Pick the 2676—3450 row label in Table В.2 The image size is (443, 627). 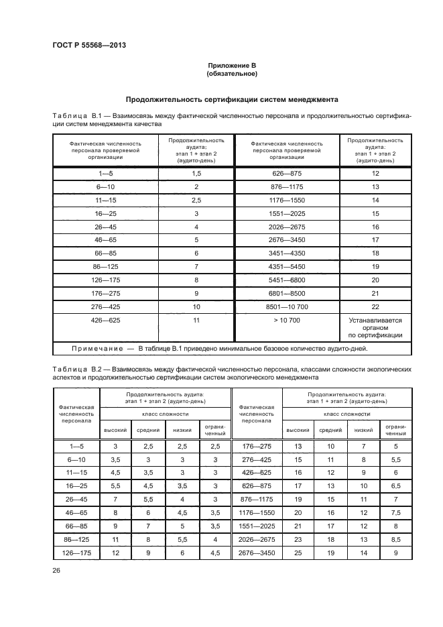pos(257,552)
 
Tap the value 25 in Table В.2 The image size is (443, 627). pos(298,552)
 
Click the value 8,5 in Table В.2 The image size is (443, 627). pos(395,538)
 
